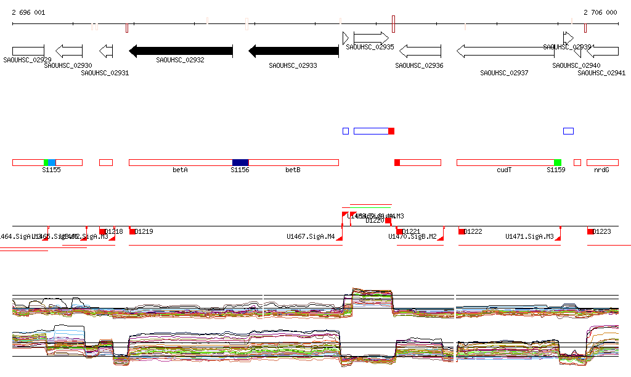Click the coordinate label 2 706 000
pos(600,12)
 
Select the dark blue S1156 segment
pos(240,162)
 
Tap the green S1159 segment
pos(558,162)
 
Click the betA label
pos(180,170)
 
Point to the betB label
pos(293,170)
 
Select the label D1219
pos(144,232)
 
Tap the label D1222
pos(473,232)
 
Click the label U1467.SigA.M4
pos(311,236)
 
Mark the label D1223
pos(602,232)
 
